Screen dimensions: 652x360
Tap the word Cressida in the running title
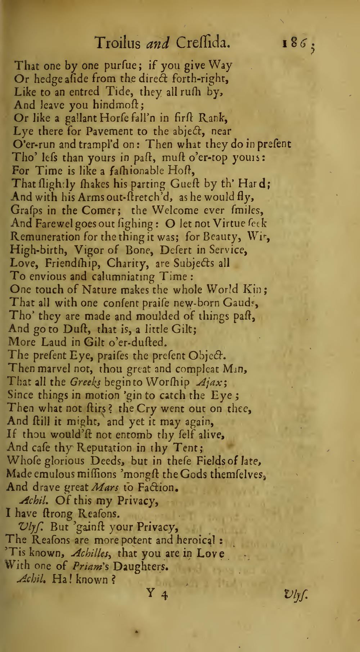(x=202, y=44)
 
